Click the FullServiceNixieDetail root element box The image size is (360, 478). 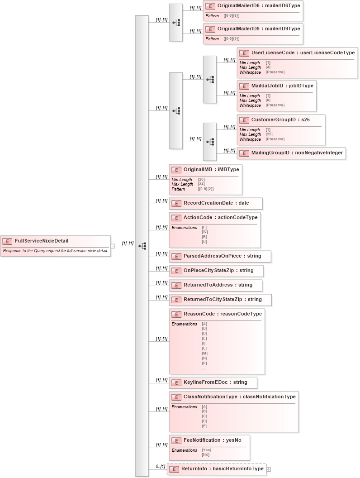coord(55,246)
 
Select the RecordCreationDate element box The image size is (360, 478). coord(216,203)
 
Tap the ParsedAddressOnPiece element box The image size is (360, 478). coord(220,256)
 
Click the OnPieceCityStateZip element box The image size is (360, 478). coord(216,271)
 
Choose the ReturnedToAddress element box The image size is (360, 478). coord(216,285)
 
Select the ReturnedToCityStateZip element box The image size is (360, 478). coord(220,300)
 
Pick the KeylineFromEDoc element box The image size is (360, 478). coord(213,382)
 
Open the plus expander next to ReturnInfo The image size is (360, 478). coord(269,469)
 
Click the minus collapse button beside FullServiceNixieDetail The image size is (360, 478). coord(113,246)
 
